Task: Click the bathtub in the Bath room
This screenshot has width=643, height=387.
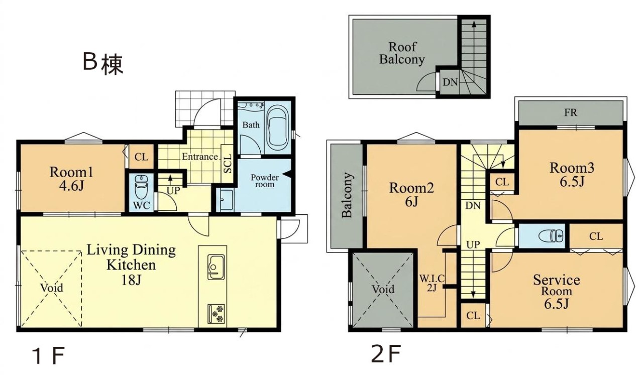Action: (277, 125)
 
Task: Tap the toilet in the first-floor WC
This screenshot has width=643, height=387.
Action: (141, 187)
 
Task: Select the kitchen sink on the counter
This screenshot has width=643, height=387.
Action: (216, 267)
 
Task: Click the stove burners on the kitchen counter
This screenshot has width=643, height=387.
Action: (216, 314)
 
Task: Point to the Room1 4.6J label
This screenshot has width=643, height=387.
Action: (71, 179)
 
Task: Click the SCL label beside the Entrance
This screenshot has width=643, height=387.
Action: (228, 164)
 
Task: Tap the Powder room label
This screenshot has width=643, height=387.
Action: (264, 181)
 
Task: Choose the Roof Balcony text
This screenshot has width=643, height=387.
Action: (402, 53)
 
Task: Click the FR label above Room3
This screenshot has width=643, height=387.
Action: (570, 112)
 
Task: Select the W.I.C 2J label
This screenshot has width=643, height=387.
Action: (432, 283)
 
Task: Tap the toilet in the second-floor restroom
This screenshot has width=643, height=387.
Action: (551, 236)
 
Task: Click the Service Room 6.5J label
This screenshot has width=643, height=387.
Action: (556, 292)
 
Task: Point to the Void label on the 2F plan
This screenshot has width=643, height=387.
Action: (383, 289)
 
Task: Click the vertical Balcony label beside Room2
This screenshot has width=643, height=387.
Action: (347, 195)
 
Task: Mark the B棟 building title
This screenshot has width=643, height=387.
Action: (103, 64)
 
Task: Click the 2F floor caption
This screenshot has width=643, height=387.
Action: (385, 354)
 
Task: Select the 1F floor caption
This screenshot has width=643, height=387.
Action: (49, 356)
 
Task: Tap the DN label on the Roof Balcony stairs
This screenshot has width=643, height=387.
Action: (450, 82)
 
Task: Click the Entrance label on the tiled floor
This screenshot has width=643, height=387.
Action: (200, 157)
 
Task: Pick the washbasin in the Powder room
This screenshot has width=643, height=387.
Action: (226, 200)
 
